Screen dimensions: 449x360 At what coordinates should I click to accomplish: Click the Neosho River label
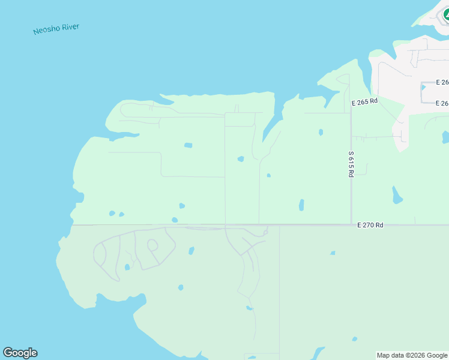56,29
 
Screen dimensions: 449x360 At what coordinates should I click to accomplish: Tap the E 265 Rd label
364,101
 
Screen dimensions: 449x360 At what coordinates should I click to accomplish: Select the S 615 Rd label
351,164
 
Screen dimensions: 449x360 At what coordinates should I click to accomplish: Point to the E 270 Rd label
370,225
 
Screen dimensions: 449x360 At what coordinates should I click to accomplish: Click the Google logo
20,353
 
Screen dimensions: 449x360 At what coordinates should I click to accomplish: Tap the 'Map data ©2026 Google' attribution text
412,355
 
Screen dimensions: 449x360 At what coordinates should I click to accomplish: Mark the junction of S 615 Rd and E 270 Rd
351,225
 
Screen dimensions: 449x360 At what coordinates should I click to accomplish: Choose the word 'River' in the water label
70,27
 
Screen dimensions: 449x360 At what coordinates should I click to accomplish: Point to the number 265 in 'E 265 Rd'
363,101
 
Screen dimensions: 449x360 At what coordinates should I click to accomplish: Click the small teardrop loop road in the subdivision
152,245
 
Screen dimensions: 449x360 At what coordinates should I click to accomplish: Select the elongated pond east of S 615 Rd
396,195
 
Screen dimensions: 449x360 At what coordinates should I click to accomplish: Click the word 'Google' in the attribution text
436,355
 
